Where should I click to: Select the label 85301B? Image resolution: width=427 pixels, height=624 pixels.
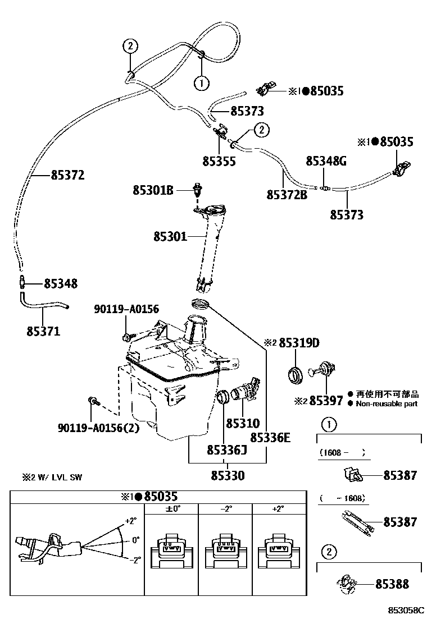152,190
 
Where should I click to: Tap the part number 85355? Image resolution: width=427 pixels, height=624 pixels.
219,161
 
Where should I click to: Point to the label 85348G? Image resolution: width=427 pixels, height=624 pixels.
326,161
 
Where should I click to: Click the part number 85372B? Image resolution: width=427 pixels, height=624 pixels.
287,194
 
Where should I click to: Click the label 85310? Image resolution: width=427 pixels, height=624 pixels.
243,423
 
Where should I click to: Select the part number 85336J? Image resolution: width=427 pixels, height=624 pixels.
226,449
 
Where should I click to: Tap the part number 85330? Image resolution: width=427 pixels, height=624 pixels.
228,475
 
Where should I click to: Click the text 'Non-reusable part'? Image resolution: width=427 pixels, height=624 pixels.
387,403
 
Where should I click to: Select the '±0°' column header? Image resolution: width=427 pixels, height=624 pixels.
172,508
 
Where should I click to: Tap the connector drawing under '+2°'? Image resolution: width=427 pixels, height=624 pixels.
279,546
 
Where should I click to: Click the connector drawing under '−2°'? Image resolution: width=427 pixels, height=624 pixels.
225,546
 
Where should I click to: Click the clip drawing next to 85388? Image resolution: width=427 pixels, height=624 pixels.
347,584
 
